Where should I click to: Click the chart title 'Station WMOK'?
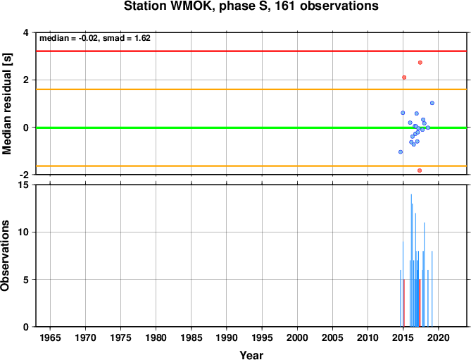tap(169, 6)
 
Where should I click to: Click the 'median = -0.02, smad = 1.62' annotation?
tap(95, 38)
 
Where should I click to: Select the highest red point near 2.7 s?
tap(420, 63)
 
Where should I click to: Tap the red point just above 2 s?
tap(404, 77)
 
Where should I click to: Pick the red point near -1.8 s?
tap(420, 170)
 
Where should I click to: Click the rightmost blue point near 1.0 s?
tap(432, 103)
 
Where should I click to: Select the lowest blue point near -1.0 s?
tap(401, 152)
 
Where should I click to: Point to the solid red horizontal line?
tap(251, 51)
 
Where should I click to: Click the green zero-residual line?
tap(251, 128)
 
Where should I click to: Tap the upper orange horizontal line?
tap(251, 89)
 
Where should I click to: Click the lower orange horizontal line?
tap(251, 166)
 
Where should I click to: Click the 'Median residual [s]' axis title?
tap(6, 104)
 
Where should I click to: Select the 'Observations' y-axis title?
tap(5, 256)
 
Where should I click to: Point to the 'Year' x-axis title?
tap(251, 355)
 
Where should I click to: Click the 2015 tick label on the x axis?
tap(403, 337)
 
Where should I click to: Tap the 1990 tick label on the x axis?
tap(227, 337)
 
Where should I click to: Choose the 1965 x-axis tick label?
tap(50, 337)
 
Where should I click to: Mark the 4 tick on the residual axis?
tap(26, 32)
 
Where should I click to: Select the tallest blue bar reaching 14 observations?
tap(411, 260)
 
